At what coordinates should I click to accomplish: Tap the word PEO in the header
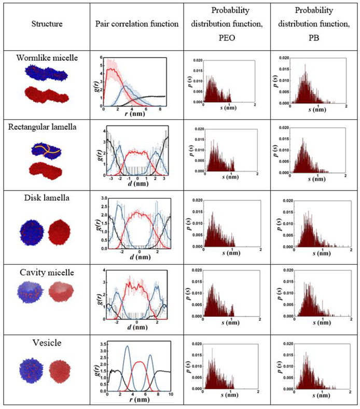224,37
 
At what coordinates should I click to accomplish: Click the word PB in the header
314,37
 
